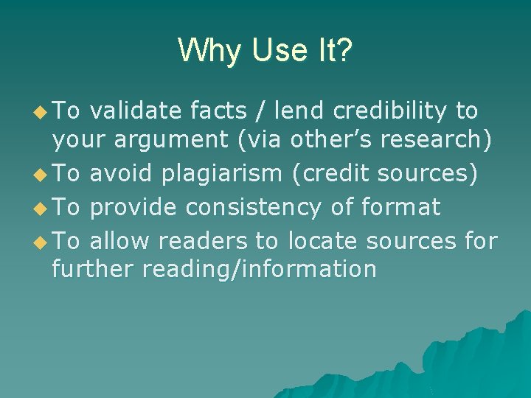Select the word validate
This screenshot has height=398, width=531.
[x=135, y=111]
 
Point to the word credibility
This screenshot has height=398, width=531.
[x=389, y=111]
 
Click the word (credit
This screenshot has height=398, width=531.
[x=331, y=173]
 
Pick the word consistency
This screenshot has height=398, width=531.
[x=253, y=208]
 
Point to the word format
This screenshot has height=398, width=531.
[x=401, y=208]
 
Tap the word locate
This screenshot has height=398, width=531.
[x=322, y=241]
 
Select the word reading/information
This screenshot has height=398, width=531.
[x=260, y=269]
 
